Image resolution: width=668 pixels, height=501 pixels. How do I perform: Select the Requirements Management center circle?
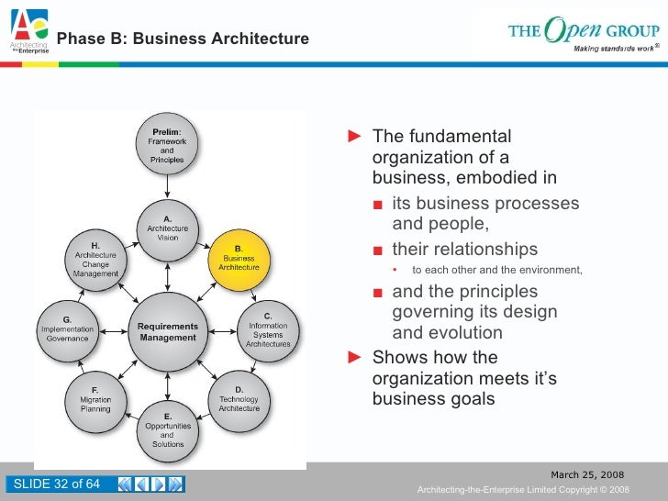(x=168, y=331)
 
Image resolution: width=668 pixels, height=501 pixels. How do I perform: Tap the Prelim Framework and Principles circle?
(x=167, y=148)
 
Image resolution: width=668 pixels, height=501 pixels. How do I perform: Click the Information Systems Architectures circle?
(x=268, y=331)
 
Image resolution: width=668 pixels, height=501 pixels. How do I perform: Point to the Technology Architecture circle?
(x=239, y=402)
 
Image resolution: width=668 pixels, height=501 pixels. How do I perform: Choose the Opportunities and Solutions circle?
(x=168, y=431)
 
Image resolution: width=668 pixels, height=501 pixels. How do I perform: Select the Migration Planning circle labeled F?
(x=95, y=402)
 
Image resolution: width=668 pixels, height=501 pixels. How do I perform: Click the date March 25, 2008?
(x=586, y=474)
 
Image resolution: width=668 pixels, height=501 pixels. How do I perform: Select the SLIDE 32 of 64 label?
(x=55, y=484)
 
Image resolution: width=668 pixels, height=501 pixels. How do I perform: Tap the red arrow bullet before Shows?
(x=356, y=358)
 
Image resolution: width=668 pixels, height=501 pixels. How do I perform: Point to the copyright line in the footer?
(x=523, y=490)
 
